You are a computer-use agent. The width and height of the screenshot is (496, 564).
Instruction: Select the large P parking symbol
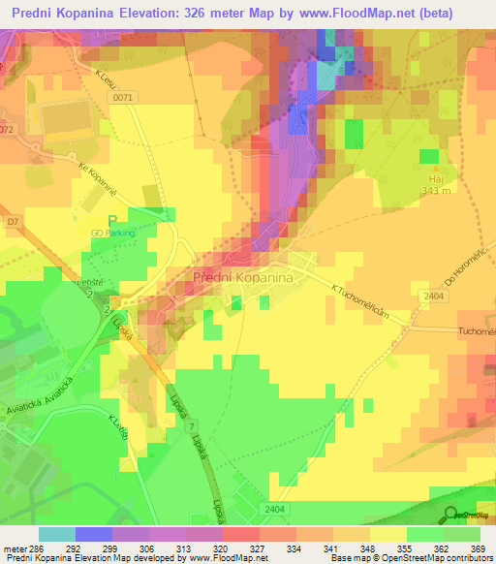click(112, 220)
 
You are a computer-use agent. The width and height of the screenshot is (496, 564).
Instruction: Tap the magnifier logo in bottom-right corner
click(449, 515)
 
